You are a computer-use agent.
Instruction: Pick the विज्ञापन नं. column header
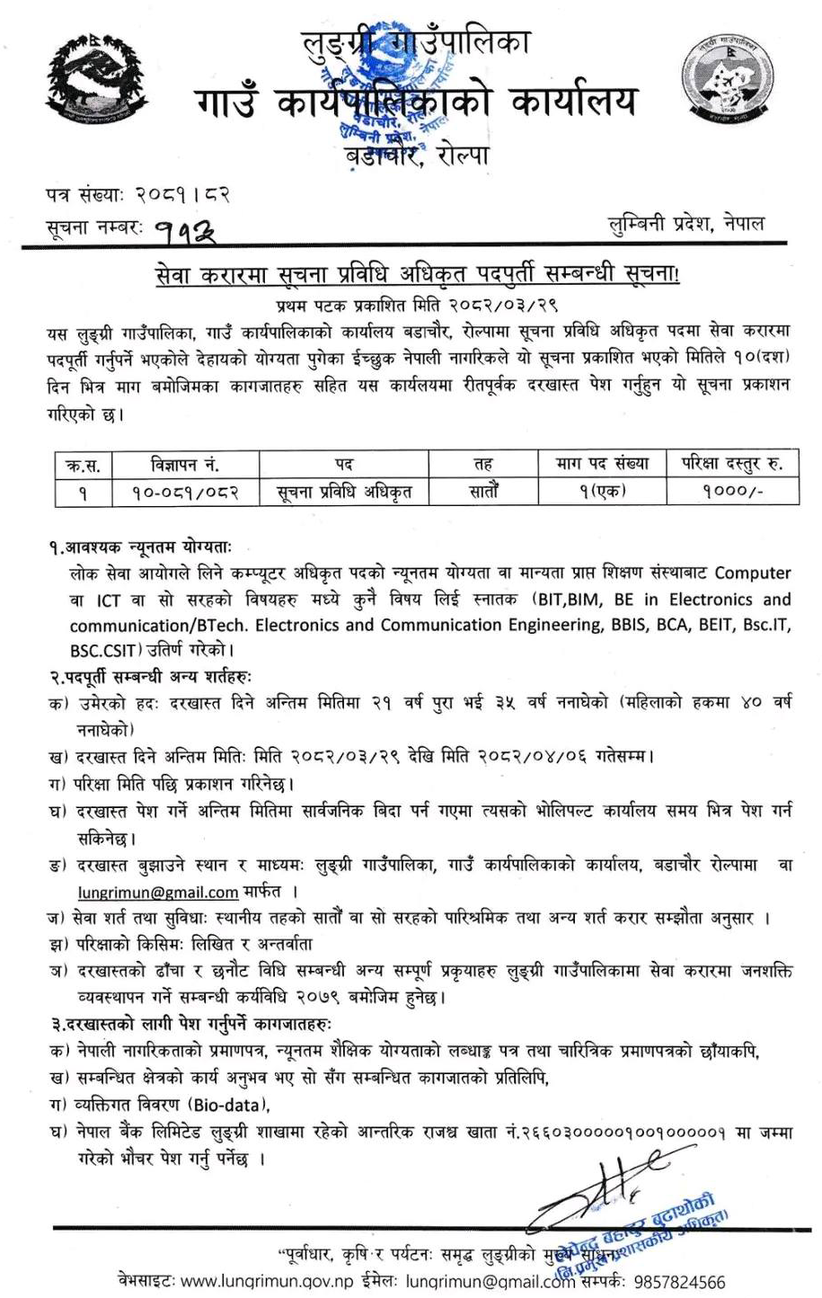[x=186, y=465]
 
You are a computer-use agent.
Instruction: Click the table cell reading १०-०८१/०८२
[x=186, y=493]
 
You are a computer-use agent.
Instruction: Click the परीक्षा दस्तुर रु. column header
[x=725, y=465]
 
